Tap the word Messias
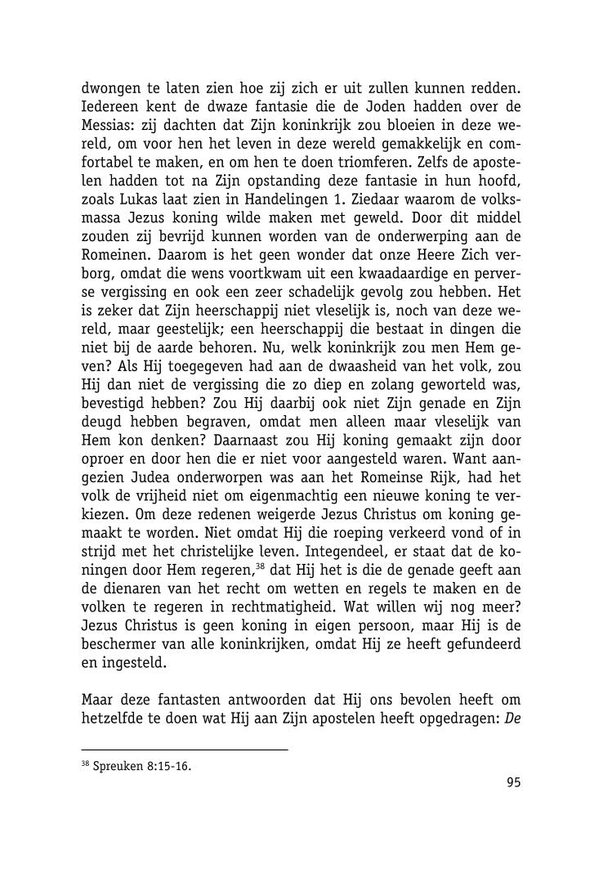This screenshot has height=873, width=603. coord(109,127)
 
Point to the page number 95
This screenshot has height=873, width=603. coord(513,782)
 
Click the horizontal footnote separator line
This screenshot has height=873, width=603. coord(185,750)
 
